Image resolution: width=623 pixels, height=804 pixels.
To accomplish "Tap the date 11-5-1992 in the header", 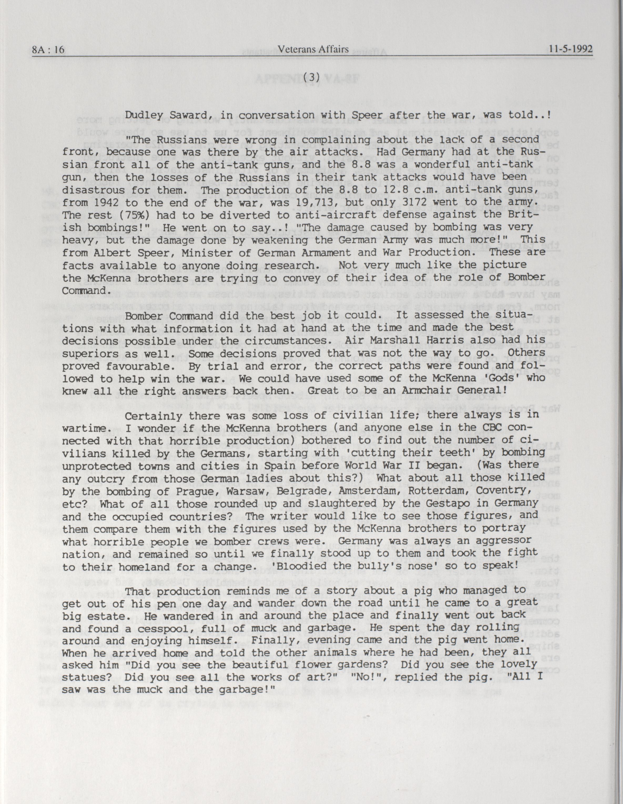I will (570, 49).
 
